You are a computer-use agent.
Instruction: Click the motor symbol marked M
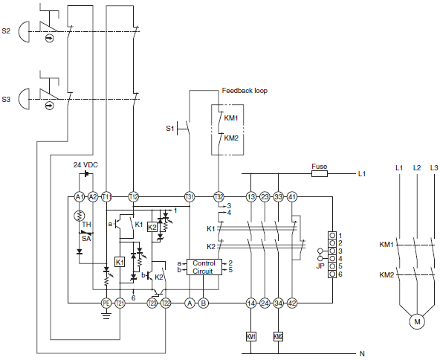417,321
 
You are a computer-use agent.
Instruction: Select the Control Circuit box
204,267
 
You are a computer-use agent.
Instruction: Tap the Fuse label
319,167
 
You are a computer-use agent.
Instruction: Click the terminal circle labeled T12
134,196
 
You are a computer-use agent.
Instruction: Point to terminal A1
80,196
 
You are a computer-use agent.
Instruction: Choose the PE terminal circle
106,303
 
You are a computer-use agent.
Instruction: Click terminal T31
189,196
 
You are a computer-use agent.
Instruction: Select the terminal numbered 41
292,196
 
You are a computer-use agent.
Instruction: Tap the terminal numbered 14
250,303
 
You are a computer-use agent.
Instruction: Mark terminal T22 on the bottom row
166,303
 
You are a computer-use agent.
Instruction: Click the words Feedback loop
245,91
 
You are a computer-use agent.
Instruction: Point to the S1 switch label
170,129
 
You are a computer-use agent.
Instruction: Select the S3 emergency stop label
6,98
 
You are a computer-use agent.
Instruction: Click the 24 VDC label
86,164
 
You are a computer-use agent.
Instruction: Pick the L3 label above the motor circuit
434,167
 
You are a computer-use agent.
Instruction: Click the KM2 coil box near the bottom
279,336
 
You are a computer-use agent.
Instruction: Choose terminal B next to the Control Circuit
204,303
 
